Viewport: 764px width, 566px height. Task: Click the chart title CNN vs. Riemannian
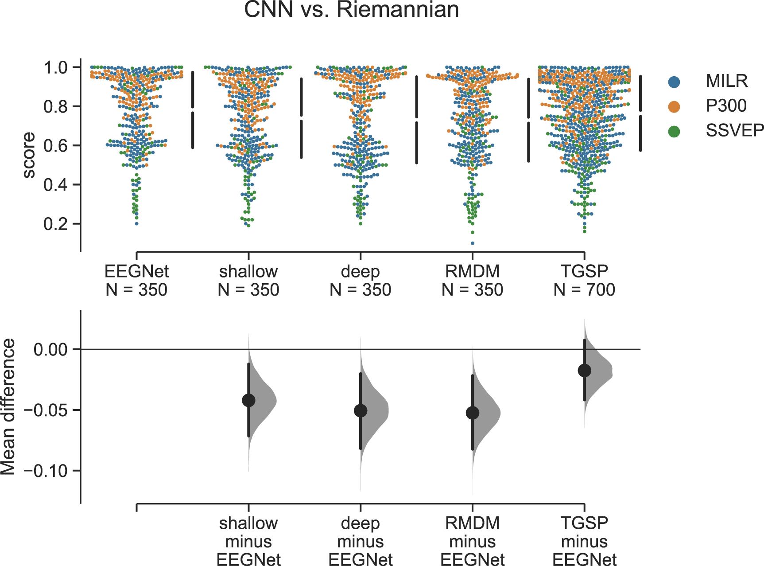coord(351,10)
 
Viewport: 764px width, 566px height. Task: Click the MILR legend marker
coord(674,82)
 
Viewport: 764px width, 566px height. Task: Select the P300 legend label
coord(726,106)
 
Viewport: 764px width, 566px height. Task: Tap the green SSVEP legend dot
coord(674,131)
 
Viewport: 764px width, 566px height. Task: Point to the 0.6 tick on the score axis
coord(76,145)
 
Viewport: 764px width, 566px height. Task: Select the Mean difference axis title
coord(8,407)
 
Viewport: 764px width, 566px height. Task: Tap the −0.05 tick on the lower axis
coord(76,410)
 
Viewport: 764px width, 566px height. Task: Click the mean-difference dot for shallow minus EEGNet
coord(248,400)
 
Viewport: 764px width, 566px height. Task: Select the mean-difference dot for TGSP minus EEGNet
coord(584,371)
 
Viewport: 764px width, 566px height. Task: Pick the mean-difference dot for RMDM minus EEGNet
coord(473,413)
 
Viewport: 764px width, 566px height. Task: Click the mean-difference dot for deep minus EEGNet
coord(361,411)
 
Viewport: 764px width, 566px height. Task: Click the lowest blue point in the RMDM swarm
coord(473,243)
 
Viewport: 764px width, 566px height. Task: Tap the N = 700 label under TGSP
coord(584,290)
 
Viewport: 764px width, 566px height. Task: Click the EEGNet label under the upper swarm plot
coord(136,271)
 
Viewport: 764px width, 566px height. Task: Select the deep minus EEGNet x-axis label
coord(361,541)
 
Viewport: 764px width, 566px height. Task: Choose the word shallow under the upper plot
coord(248,271)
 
